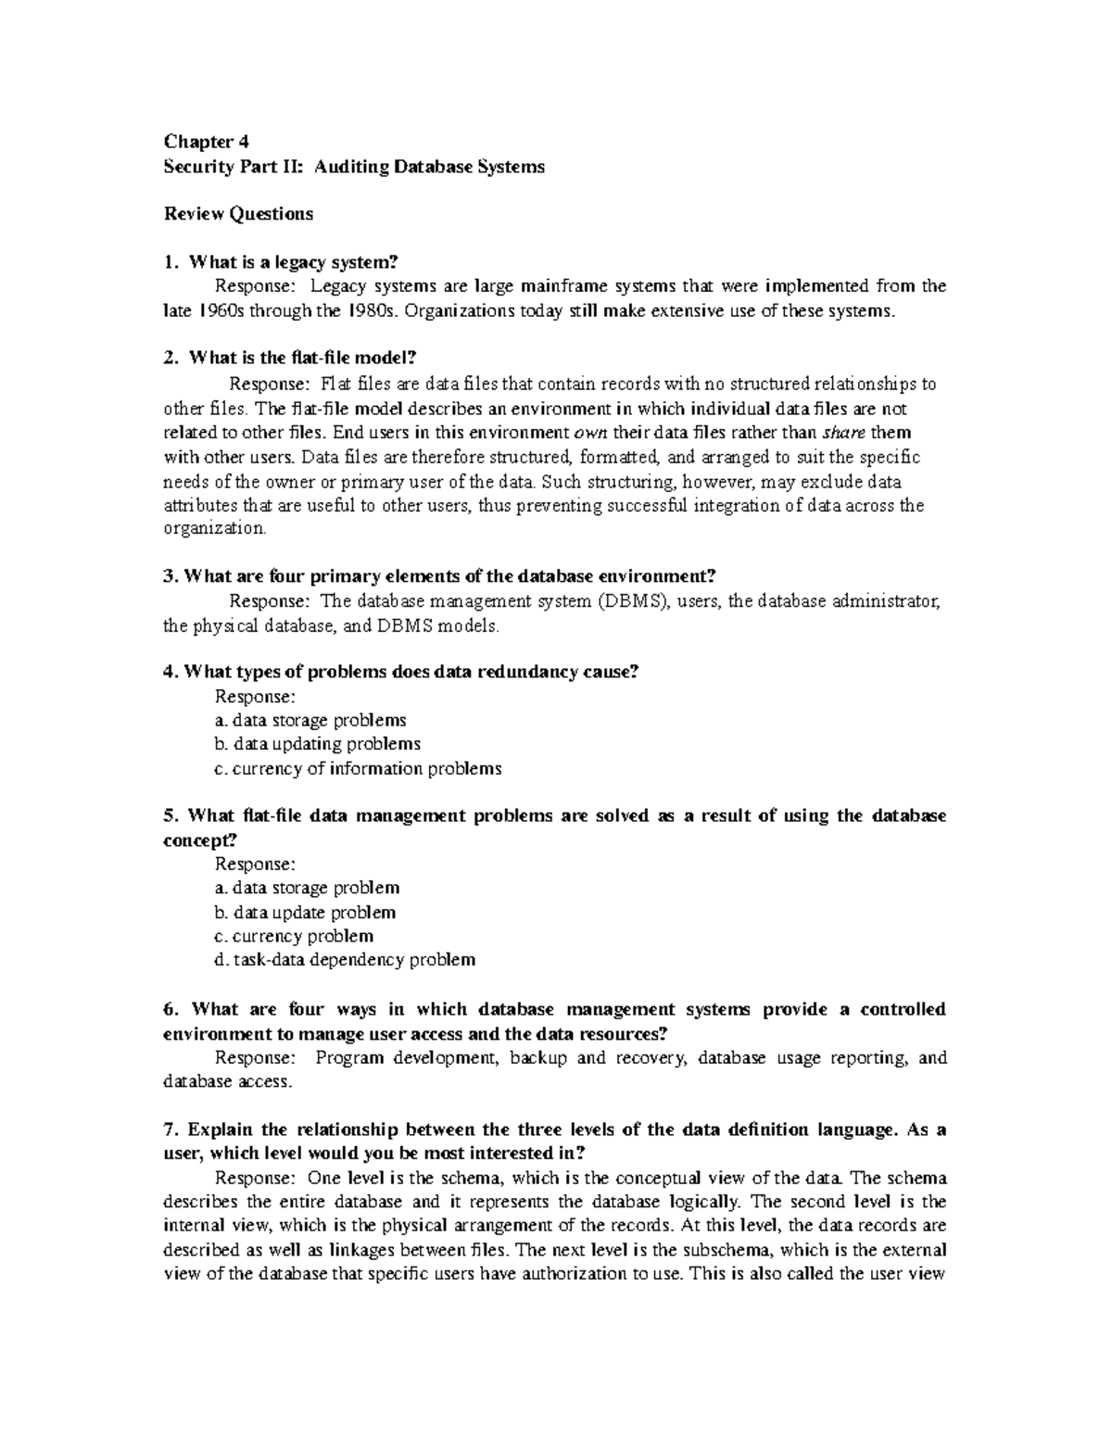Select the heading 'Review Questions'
click(x=238, y=214)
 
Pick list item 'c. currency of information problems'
click(x=358, y=768)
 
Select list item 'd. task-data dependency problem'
click(x=344, y=960)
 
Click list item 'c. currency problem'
click(x=294, y=936)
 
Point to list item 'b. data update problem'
click(x=305, y=912)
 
